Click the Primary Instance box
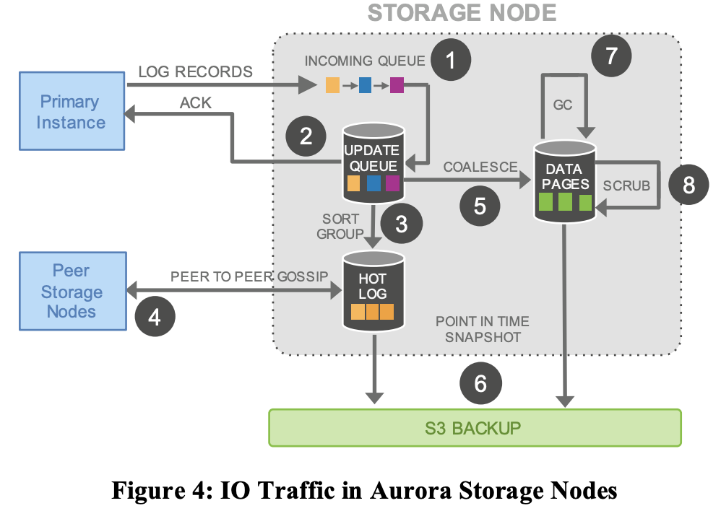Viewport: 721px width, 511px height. point(71,112)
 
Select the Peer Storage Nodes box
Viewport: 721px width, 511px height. point(71,292)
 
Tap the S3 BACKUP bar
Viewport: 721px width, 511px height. point(474,427)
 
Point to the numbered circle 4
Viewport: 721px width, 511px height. point(155,315)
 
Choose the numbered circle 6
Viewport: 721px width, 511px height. point(480,383)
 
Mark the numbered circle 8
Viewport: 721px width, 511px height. point(688,185)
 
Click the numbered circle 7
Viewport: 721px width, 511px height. point(610,56)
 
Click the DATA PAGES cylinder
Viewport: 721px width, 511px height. point(564,180)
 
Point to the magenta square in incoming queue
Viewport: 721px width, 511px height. point(397,86)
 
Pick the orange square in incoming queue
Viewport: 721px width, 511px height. point(332,86)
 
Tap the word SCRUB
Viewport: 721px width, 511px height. point(626,185)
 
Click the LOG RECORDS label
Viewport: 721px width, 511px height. point(195,71)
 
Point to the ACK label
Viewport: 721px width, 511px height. point(195,103)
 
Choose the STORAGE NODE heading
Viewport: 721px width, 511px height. point(462,13)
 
